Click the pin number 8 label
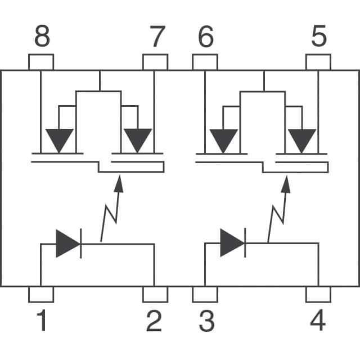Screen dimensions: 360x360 (42, 38)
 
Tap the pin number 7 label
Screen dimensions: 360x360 (157, 38)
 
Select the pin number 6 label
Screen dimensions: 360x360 (206, 38)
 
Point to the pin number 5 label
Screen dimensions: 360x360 (318, 38)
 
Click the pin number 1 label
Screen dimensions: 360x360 (42, 321)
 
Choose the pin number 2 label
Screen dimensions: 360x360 (154, 321)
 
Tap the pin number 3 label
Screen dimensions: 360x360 (206, 321)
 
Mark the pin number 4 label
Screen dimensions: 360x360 (318, 321)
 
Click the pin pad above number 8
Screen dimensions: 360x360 (41, 62)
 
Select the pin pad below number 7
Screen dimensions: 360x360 (155, 62)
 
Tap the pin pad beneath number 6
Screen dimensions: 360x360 (205, 62)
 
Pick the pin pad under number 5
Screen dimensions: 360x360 (318, 62)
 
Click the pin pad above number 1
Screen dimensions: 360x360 (41, 294)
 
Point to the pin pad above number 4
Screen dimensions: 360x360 (318, 294)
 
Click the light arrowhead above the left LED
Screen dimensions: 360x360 (118, 183)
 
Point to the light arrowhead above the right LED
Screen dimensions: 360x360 (286, 183)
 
